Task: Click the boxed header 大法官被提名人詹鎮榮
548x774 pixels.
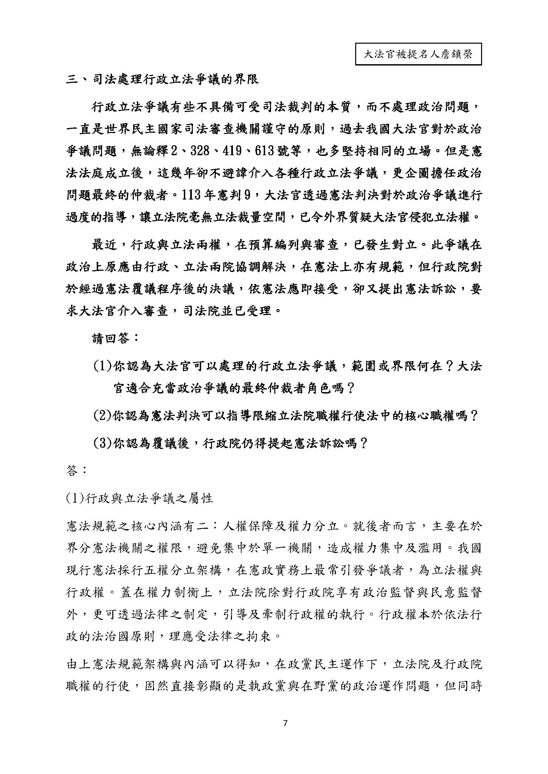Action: (418, 54)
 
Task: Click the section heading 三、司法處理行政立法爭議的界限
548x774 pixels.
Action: (162, 80)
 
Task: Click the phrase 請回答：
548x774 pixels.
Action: (115, 339)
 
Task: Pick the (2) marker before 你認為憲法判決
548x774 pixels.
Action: (103, 416)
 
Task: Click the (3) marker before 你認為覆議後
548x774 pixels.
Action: (103, 443)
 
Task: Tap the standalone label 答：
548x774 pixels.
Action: (77, 471)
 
